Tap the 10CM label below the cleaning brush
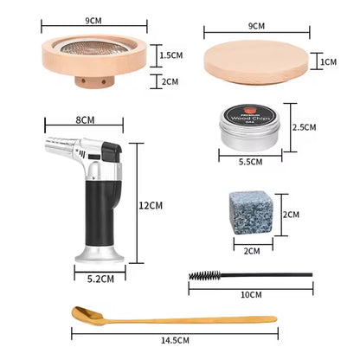252,294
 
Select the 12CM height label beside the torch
151,205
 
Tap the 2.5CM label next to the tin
305,126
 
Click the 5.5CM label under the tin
252,160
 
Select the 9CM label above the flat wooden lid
256,26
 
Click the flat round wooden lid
256,61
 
